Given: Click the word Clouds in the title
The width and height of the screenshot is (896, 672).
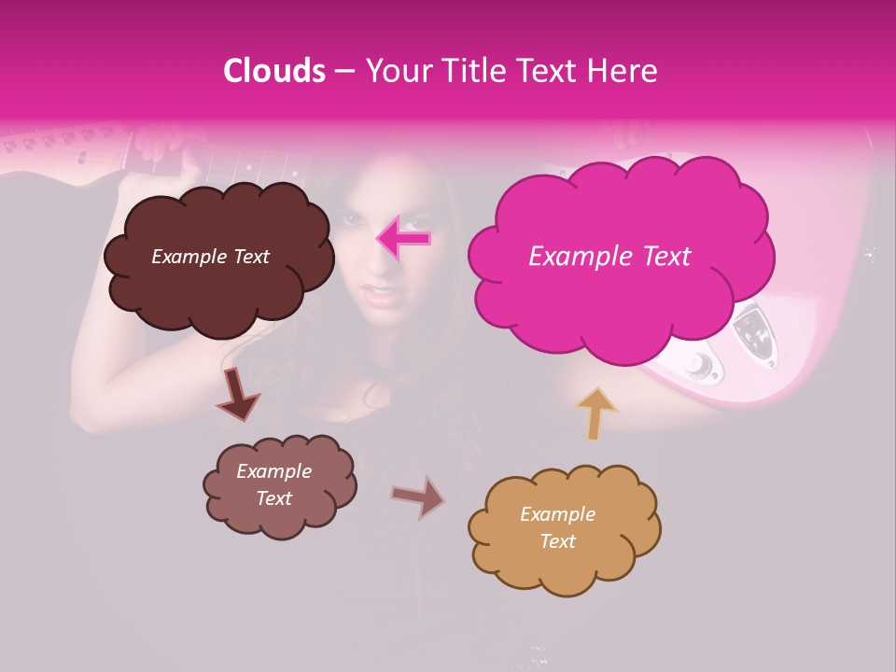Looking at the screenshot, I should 274,71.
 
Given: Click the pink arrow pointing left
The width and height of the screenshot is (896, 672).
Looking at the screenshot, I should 403,238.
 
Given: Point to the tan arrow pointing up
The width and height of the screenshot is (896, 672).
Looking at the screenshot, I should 596,413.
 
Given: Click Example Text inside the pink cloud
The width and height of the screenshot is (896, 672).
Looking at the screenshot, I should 609,257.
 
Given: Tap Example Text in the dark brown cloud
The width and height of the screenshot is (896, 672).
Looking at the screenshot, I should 210,257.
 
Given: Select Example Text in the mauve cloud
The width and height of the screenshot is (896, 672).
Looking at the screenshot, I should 274,484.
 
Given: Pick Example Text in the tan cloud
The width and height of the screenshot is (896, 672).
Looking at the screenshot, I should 558,527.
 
